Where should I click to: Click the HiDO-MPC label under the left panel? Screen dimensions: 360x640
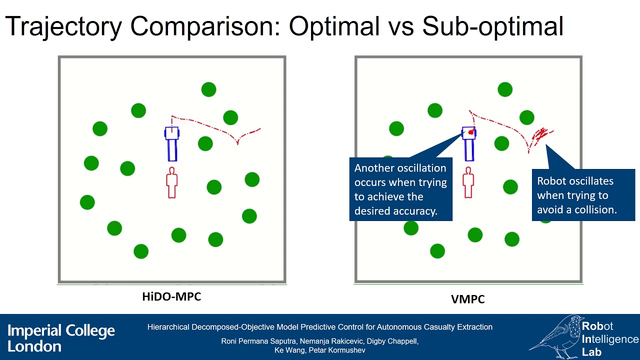[x=171, y=296]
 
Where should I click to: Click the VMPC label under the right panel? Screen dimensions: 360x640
[x=468, y=299]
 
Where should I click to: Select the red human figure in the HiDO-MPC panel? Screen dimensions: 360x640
[x=172, y=183]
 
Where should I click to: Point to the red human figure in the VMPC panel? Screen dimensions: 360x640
[x=468, y=183]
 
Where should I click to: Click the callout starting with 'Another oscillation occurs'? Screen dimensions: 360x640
[x=400, y=189]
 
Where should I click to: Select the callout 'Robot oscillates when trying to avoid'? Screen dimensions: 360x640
[x=583, y=195]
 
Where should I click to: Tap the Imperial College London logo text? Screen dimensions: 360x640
[x=61, y=338]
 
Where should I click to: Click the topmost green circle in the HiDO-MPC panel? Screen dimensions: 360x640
[x=208, y=89]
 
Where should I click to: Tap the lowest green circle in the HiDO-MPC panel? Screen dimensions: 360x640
[x=141, y=251]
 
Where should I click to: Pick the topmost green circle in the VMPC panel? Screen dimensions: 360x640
[x=505, y=89]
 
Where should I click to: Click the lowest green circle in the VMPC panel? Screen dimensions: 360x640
[x=437, y=251]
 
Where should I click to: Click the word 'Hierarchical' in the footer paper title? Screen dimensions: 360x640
[x=167, y=327]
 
